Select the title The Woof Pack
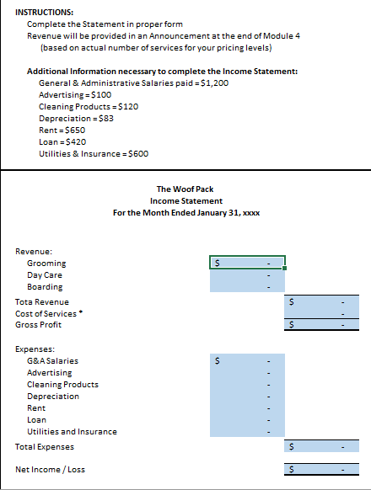(185, 189)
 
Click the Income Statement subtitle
(185, 201)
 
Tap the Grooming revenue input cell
(247, 263)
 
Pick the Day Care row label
(44, 275)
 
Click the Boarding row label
(45, 287)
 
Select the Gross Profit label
(38, 325)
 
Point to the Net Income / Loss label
(50, 469)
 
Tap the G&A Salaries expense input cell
(247, 360)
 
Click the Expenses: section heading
(36, 348)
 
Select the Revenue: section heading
(34, 251)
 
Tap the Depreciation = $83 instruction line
(76, 119)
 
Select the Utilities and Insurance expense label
(72, 431)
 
